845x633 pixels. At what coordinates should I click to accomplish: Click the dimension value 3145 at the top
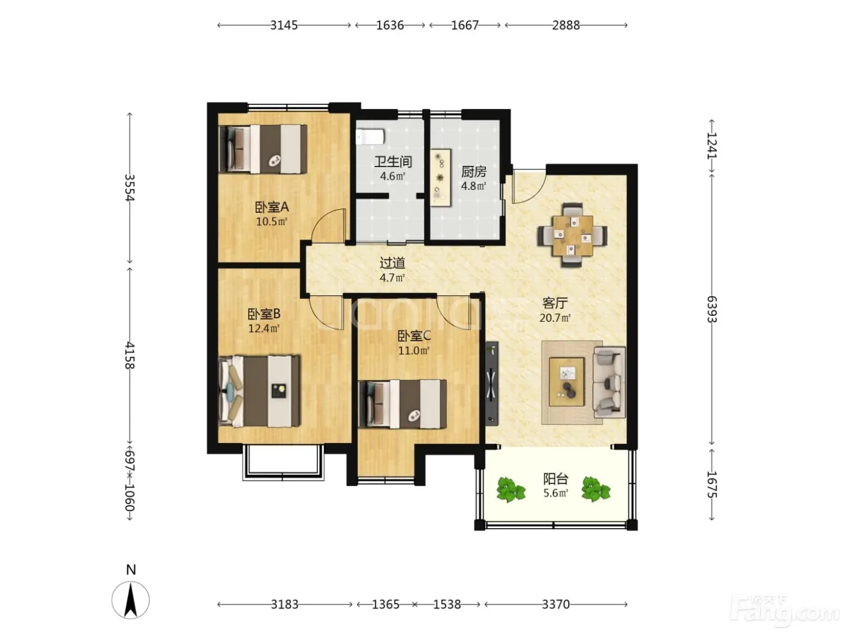(x=284, y=25)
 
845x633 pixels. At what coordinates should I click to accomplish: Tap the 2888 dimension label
(x=566, y=25)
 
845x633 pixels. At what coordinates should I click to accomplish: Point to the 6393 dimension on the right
(x=712, y=309)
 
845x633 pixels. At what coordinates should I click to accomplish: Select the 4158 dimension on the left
(x=130, y=355)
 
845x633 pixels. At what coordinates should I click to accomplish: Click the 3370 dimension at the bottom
(x=555, y=604)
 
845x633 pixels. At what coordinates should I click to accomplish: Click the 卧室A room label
(x=272, y=207)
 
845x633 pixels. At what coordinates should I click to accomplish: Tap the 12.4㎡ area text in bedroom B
(x=264, y=329)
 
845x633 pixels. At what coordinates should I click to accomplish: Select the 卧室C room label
(x=414, y=336)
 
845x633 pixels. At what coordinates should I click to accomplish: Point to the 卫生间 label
(x=393, y=162)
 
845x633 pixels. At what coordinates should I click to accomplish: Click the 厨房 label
(x=474, y=171)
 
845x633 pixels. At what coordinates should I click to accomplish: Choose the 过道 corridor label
(x=392, y=263)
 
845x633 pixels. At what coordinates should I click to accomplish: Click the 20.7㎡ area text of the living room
(x=555, y=318)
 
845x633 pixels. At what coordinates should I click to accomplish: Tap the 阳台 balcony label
(x=556, y=479)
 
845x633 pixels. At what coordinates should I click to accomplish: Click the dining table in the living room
(x=572, y=235)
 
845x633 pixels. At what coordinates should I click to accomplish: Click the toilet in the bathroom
(x=370, y=136)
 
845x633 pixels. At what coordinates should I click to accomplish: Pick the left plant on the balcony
(x=511, y=490)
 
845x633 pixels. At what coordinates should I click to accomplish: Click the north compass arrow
(x=131, y=600)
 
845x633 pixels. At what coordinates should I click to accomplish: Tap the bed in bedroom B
(x=259, y=391)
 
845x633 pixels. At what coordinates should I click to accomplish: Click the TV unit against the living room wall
(x=491, y=383)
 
